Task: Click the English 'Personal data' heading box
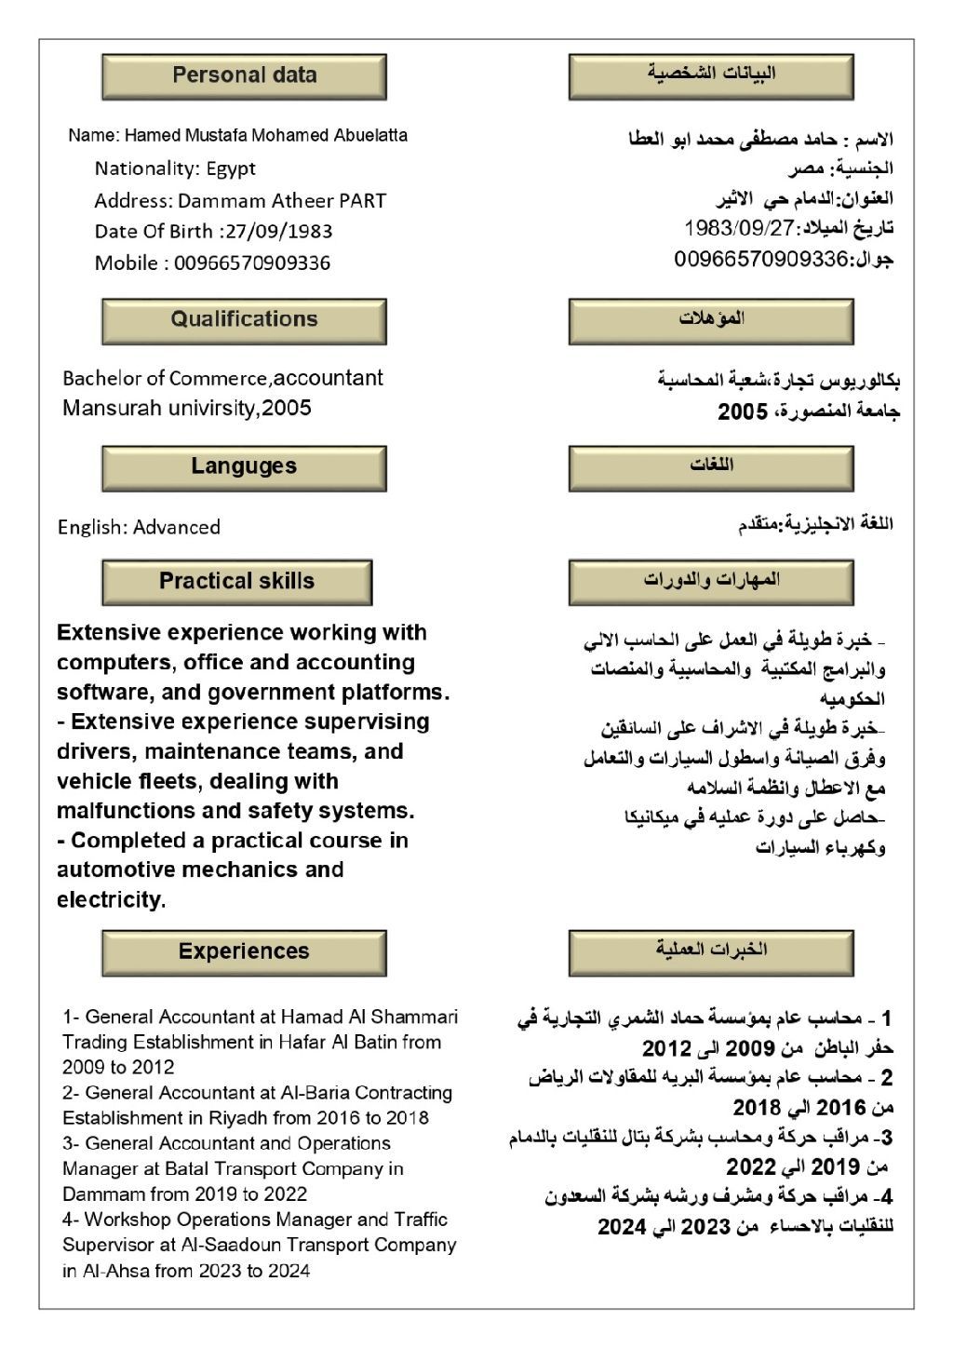coord(244,76)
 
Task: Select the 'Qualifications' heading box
coord(244,320)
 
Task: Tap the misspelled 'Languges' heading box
coord(244,467)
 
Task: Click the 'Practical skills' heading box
coord(236,582)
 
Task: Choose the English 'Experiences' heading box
coord(244,952)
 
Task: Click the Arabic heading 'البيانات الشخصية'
coord(711,74)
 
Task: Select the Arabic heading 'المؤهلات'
coord(711,319)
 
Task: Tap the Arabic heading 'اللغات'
coord(711,465)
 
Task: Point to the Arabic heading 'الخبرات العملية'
coord(711,950)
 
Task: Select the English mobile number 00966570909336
coord(252,263)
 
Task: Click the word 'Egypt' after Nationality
coord(231,168)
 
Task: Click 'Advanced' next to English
coord(176,527)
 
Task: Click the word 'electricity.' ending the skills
coord(111,900)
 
